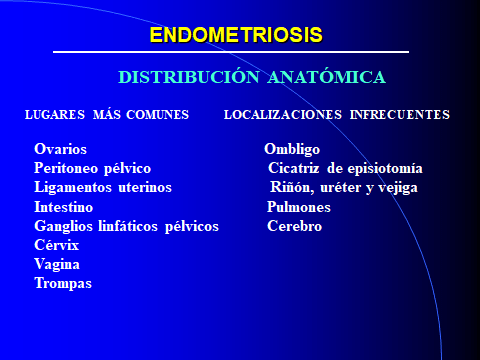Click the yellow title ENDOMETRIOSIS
[236, 35]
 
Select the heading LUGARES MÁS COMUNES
[106, 115]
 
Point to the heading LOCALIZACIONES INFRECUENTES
[336, 115]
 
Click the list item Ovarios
[60, 149]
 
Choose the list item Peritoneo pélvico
[92, 168]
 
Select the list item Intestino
[64, 206]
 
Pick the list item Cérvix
[56, 245]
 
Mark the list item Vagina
[57, 264]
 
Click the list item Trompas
[63, 283]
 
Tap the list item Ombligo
[293, 149]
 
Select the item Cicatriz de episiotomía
[345, 168]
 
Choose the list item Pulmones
[299, 206]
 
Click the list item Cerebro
[295, 226]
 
